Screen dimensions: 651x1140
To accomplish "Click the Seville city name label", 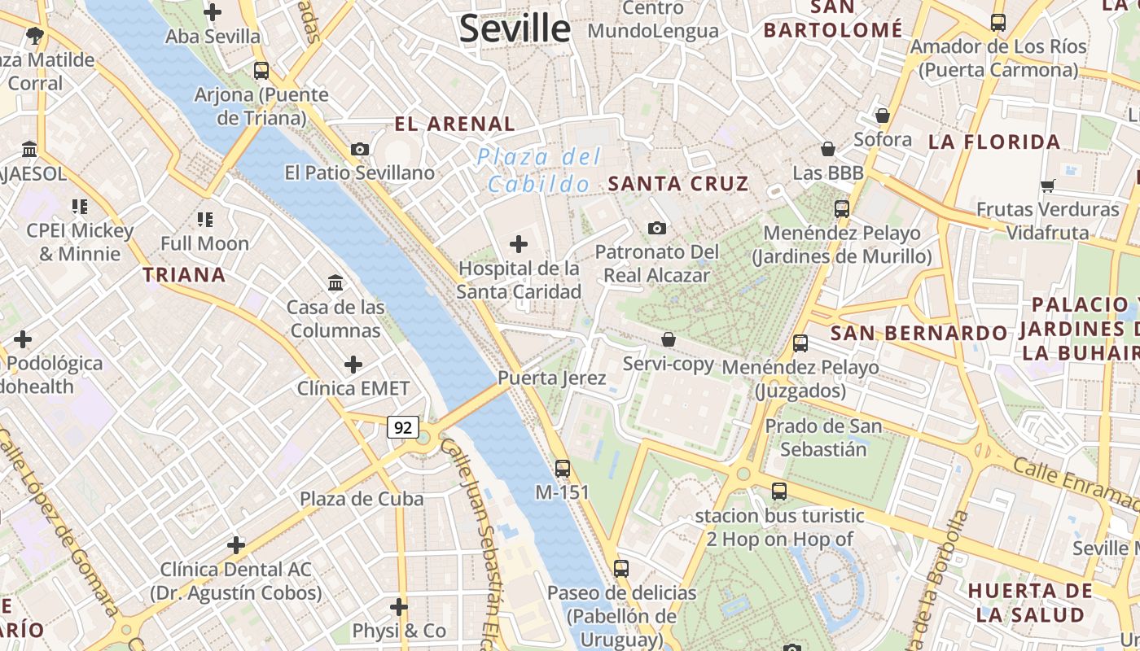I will (515, 29).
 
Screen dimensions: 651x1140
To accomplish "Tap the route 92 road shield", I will (402, 427).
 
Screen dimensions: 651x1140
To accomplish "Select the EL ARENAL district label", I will (454, 125).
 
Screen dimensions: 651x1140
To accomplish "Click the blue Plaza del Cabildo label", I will (539, 170).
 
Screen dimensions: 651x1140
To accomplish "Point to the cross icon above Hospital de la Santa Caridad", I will (519, 243).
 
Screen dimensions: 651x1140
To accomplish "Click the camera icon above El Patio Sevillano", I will (359, 149).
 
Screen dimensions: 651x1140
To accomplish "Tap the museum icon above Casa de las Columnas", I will (335, 282).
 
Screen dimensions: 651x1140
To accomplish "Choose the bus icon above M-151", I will (563, 468).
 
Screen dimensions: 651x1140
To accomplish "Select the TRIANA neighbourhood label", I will (184, 275).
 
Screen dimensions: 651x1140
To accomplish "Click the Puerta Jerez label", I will (552, 378).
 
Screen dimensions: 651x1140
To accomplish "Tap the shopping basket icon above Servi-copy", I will (669, 339).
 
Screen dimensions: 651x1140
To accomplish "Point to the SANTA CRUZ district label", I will (678, 184).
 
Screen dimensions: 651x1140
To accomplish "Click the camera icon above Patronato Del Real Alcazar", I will (657, 228).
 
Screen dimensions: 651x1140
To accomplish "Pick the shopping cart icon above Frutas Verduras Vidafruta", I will (1048, 186).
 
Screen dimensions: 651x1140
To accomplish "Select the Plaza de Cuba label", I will (362, 499).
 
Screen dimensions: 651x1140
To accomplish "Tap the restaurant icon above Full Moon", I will (204, 219).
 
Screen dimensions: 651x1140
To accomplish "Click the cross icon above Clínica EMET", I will (353, 364).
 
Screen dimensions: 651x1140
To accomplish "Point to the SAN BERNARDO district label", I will (919, 333).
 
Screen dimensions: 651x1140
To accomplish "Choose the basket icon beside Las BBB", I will (828, 149).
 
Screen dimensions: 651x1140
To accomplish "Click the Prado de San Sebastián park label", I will (823, 437).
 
